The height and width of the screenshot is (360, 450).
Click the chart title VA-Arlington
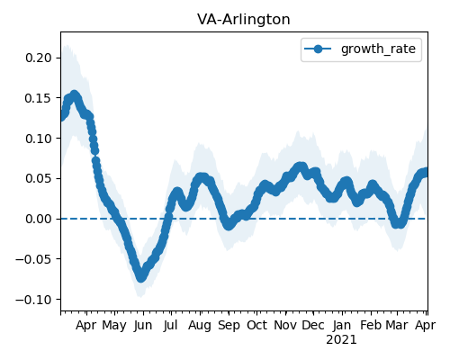coord(244,20)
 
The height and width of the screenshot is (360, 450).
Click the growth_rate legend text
coord(378,49)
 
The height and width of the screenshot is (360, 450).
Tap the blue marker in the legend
coord(318,49)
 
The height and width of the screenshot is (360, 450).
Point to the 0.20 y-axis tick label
coord(39,58)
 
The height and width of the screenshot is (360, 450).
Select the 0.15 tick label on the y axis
coord(39,98)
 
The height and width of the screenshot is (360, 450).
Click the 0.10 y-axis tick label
coord(39,139)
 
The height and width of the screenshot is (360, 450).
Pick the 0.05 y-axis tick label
coord(39,178)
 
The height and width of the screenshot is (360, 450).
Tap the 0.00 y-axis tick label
coord(39,219)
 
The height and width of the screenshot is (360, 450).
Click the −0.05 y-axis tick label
coord(33,259)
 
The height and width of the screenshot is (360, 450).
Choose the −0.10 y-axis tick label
coord(33,300)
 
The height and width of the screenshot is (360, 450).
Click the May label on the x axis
coord(114,326)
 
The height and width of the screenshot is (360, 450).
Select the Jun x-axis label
coord(143,326)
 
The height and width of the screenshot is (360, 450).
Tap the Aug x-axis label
coord(200,326)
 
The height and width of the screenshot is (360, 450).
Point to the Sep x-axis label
coord(229,326)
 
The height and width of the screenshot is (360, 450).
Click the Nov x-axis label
coord(285,325)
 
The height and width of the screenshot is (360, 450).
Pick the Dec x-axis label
coord(313,325)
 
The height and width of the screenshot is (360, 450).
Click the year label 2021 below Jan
coord(341,340)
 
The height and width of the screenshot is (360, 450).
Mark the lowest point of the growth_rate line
coord(141,278)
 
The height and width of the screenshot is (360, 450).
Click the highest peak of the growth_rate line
coord(75,94)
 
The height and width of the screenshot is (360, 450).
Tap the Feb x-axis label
coord(371,325)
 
